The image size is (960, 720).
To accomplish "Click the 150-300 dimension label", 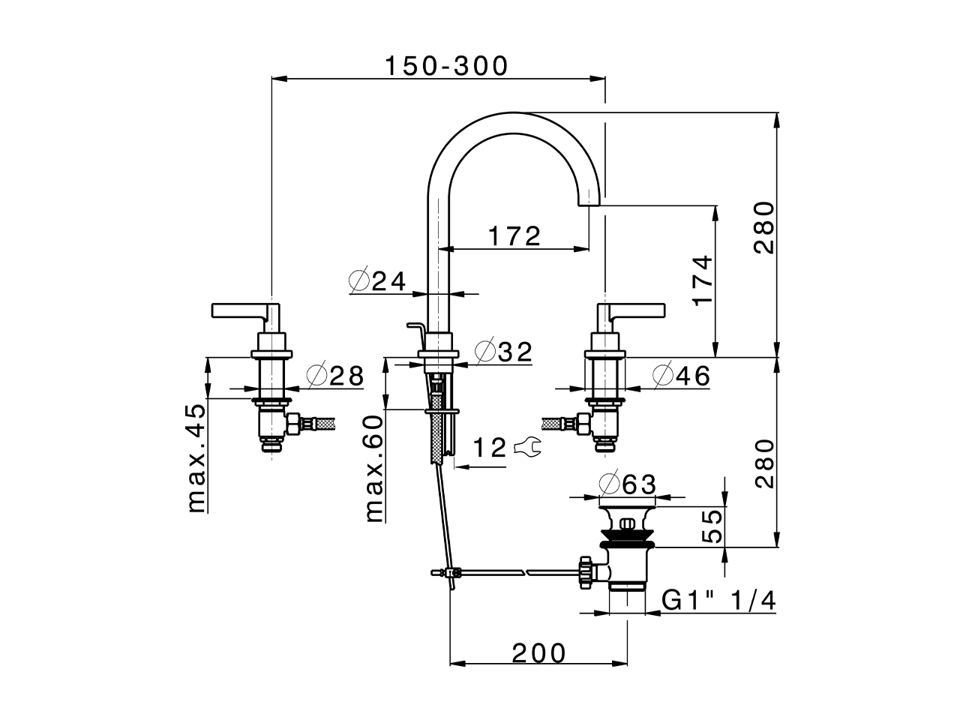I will (446, 66).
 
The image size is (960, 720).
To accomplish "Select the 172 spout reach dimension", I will (514, 236).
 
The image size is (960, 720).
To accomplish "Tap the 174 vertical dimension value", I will (701, 280).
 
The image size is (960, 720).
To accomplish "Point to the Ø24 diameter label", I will (378, 281).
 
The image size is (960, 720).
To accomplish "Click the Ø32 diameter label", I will (504, 351).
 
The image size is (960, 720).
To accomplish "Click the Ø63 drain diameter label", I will (628, 484).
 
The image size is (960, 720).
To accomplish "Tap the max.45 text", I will (196, 457).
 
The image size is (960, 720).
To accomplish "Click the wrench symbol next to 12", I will (529, 448).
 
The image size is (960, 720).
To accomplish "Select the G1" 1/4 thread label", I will (718, 601).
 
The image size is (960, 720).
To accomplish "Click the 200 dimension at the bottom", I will (539, 653).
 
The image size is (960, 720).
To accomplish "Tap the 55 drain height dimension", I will (712, 526).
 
